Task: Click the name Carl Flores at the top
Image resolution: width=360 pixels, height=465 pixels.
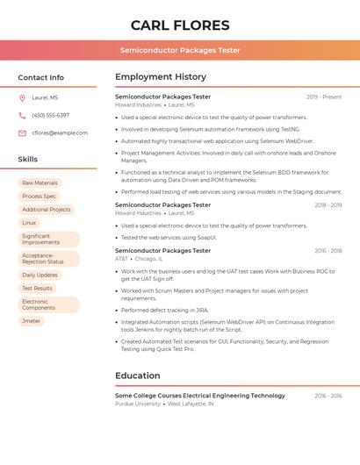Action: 180,25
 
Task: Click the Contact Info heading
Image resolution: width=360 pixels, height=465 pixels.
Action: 41,77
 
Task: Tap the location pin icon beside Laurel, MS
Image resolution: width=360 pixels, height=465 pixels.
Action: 22,98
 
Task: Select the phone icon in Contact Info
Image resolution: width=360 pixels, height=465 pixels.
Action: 22,115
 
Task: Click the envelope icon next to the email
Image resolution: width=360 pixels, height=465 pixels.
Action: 22,132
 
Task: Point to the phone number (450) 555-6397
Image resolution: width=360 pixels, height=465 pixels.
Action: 50,115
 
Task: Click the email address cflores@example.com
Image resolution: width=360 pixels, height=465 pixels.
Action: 60,132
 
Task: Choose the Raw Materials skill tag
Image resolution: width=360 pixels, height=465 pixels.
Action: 40,183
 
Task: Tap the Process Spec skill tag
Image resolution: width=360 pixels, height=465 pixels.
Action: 39,197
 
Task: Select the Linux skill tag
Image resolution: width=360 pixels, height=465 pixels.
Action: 29,223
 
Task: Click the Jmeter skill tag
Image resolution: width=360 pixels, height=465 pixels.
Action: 31,321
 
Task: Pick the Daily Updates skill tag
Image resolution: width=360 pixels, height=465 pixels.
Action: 40,275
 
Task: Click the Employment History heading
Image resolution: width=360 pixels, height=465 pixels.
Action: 161,77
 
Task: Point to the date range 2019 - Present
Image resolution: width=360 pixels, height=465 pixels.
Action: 324,97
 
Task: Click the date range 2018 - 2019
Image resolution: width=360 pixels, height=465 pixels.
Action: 328,205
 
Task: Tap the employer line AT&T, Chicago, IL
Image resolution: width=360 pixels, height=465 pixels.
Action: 137,259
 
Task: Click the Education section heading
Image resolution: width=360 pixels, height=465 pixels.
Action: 137,376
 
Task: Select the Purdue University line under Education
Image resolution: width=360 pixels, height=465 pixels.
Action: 164,404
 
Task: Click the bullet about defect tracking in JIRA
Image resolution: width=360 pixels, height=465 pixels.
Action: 165,310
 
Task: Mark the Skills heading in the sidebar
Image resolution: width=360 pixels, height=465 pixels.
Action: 28,160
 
